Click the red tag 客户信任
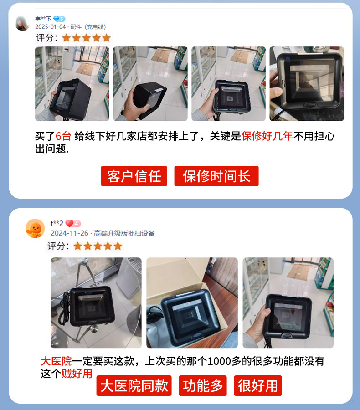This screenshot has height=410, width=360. pos(134,176)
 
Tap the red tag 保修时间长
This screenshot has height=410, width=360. pos(216,176)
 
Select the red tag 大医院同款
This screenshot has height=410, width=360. pos(134,386)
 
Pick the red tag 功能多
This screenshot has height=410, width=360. pos(203,386)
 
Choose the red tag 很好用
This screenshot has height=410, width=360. pos(258,386)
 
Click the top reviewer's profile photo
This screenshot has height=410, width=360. pos(22,23)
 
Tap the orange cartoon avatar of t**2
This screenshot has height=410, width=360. pos(35,228)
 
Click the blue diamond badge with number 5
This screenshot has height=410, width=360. pos(59,19)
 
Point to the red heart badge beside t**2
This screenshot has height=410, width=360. pos(73,224)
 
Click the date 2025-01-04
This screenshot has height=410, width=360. pos(51,27)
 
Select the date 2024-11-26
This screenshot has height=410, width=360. pos(69,233)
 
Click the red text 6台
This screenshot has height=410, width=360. pos(63,136)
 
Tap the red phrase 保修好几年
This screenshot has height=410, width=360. pos(267,136)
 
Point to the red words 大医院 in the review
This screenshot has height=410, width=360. pos(56,361)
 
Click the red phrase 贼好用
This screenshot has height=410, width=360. pos(77,374)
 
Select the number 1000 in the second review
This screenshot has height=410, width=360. pos(219,361)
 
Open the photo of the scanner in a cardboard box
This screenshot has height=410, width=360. pos(192,303)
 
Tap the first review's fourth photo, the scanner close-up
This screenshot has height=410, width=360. pos(307,84)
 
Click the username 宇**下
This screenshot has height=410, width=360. pos(43,19)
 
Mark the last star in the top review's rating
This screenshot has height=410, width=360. pos(107,38)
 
